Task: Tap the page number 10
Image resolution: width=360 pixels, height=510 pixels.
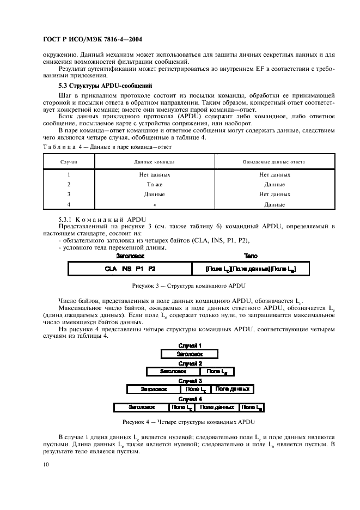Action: point(45,464)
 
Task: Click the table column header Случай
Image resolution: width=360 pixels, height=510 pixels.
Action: point(69,162)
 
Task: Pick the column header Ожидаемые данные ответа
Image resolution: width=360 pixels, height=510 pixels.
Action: point(274,162)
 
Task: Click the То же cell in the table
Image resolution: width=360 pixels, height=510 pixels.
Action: point(151,185)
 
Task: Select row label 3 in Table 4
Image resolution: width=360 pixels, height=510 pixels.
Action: point(69,195)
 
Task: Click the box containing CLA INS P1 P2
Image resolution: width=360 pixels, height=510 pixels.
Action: point(130,269)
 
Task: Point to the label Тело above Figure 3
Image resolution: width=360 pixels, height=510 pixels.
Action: point(251,256)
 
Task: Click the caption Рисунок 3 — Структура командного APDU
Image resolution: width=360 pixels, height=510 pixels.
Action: point(188,286)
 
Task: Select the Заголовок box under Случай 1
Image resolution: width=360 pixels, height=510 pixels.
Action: point(190,354)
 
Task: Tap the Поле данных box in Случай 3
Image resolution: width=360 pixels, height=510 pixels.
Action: point(232,389)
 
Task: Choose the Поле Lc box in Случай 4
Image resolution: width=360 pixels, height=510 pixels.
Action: point(181,407)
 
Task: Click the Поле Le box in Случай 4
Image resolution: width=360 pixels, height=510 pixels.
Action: point(252,407)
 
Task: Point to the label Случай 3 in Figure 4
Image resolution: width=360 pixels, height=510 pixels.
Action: point(190,381)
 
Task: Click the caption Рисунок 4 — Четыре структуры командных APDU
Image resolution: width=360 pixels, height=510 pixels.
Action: point(188,422)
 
